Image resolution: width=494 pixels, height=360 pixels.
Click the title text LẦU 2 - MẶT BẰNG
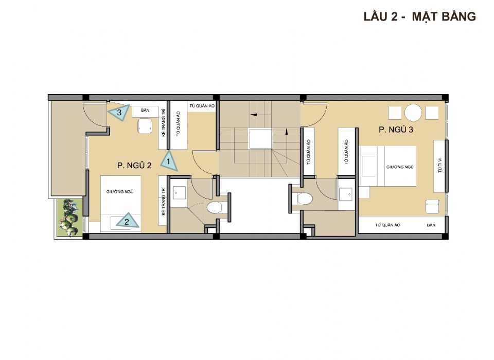pyautogui.click(x=420, y=16)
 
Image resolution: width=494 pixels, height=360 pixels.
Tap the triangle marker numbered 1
pyautogui.click(x=169, y=161)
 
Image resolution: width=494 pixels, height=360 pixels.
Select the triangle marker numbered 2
pyautogui.click(x=127, y=221)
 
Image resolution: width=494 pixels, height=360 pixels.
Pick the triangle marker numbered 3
pyautogui.click(x=120, y=112)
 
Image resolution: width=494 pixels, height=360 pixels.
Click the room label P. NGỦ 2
pyautogui.click(x=134, y=165)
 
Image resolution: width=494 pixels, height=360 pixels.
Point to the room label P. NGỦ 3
pyautogui.click(x=396, y=130)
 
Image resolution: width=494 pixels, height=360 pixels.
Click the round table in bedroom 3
pyautogui.click(x=413, y=113)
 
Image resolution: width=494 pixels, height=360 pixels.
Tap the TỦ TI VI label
pyautogui.click(x=440, y=165)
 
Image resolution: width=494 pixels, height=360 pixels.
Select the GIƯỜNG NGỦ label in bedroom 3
pyautogui.click(x=400, y=167)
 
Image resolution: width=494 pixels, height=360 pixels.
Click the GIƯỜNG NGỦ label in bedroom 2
pyautogui.click(x=120, y=191)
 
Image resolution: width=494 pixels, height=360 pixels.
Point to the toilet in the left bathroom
pyautogui.click(x=215, y=208)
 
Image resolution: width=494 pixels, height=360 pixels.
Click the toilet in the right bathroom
pyautogui.click(x=304, y=199)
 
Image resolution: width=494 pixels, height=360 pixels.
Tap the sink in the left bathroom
pyautogui.click(x=179, y=193)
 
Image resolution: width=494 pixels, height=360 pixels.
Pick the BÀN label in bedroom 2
pyautogui.click(x=145, y=110)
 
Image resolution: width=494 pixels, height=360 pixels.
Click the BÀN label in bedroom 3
pyautogui.click(x=431, y=225)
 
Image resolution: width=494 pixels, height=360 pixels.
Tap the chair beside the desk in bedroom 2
pyautogui.click(x=145, y=126)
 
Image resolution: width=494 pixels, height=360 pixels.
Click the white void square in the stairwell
pyautogui.click(x=260, y=138)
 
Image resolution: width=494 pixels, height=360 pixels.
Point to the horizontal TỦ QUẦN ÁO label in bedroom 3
pyautogui.click(x=387, y=225)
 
